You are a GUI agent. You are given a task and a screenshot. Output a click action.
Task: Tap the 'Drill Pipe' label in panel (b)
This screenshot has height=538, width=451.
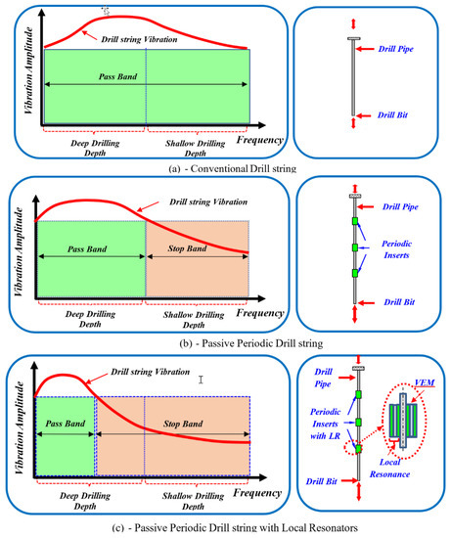tap(400, 208)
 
